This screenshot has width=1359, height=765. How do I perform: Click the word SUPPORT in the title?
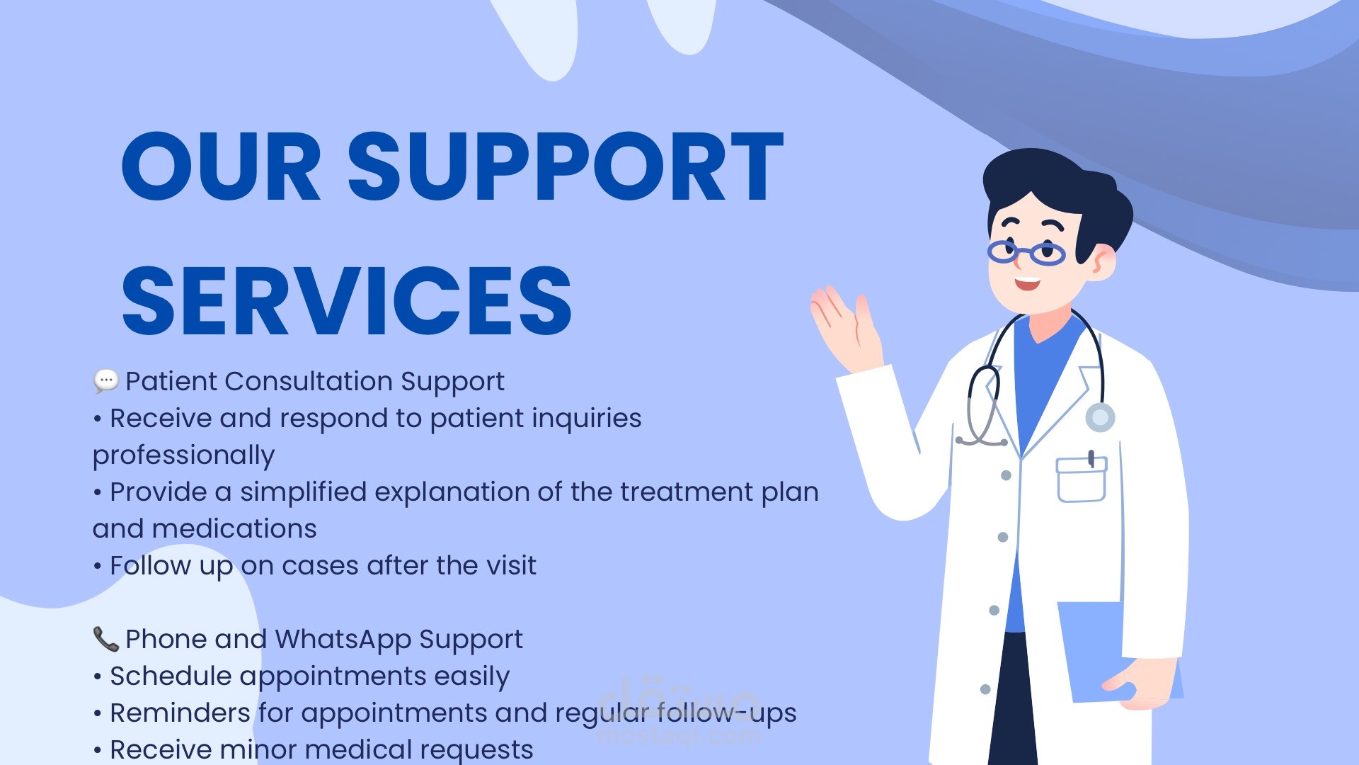point(566,166)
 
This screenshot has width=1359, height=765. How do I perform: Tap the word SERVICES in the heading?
point(347,301)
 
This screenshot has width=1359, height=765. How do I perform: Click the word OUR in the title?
point(222,166)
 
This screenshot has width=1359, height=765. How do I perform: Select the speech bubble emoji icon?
point(106,381)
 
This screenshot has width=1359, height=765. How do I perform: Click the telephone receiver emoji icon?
point(105,638)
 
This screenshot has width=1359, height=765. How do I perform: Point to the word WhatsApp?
point(343,640)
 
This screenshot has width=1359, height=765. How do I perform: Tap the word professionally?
point(183,456)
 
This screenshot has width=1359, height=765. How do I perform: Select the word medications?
point(234,528)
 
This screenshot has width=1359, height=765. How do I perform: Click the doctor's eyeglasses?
point(1026,252)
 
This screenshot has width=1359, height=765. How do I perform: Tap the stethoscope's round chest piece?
point(1100,418)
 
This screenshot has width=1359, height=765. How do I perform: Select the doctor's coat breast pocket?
point(1082,480)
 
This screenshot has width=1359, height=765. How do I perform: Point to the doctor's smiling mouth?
point(1027,284)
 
